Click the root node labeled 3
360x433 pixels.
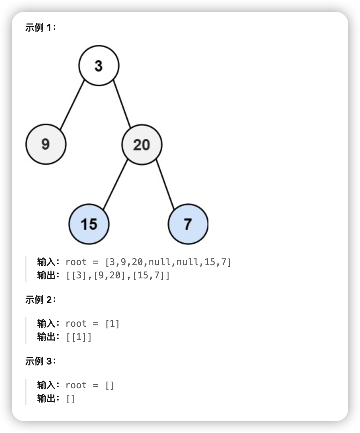99,66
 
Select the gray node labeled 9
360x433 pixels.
46,144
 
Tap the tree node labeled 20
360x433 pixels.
142,145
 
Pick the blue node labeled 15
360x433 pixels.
89,224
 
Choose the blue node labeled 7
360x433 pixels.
188,224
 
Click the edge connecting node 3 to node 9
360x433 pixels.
72,105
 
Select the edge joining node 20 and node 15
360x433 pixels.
115,185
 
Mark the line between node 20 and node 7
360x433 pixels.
165,184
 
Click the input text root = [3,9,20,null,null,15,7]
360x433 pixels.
148,262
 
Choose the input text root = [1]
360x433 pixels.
92,323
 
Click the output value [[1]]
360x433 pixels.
79,337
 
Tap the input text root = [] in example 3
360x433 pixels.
90,385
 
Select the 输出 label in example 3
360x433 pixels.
46,399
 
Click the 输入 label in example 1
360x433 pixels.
46,262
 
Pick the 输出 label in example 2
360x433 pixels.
46,337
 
